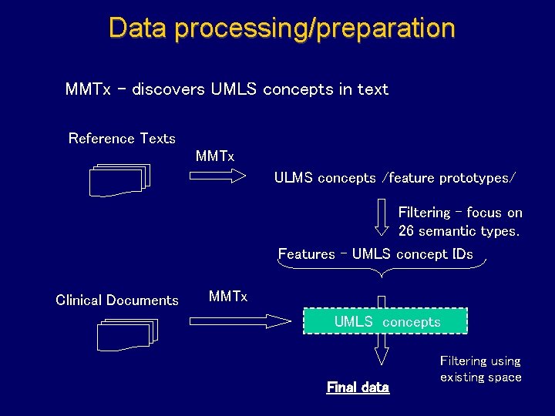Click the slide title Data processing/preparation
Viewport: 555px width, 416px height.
pos(281,29)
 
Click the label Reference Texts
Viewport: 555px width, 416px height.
pos(122,139)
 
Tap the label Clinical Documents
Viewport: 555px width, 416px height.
pos(117,300)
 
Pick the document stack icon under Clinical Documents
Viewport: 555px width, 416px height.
pos(127,334)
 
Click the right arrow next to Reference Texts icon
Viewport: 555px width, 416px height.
pos(217,176)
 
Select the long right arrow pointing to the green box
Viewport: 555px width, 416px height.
pos(242,320)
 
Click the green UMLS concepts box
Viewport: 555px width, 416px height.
pos(385,321)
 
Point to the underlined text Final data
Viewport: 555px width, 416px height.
pos(358,387)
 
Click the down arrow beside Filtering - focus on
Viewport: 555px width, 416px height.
pos(382,217)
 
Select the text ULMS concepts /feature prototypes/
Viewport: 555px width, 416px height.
pos(395,178)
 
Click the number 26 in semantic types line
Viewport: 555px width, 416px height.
pos(406,231)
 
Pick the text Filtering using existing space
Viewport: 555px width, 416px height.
pos(480,369)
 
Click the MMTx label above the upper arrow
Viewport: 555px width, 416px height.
pos(214,156)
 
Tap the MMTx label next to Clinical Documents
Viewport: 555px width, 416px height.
pos(228,297)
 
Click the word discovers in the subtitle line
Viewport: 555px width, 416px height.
pos(168,89)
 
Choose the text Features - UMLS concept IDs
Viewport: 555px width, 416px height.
pos(375,254)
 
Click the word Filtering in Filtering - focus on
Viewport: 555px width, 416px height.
pos(423,213)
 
